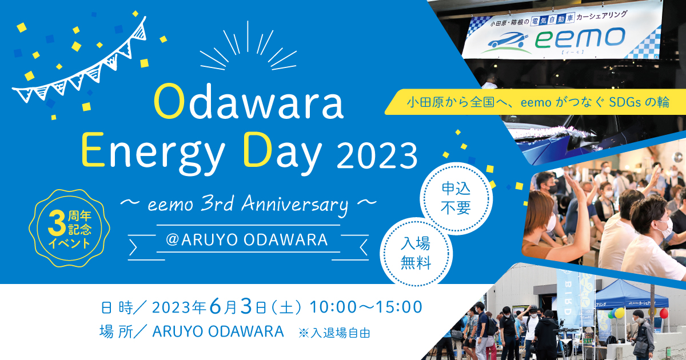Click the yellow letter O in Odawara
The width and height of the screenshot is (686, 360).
coord(169,102)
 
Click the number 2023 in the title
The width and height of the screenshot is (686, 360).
coord(377,156)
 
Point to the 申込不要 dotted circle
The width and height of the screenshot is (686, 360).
coord(456,198)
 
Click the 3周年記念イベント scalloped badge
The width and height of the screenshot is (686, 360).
coord(70,229)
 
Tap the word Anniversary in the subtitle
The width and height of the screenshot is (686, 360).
coord(294,205)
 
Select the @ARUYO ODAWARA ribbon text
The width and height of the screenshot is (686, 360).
coord(247,239)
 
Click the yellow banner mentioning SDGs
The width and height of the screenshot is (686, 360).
coord(535,102)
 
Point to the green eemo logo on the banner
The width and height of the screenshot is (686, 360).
coord(580,39)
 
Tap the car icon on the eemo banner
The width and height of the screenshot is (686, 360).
coord(505,43)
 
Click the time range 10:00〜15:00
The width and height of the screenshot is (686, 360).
coord(366,307)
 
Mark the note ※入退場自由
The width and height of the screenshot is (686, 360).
coord(334,333)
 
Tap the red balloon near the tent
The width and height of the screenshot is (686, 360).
coord(664,314)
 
